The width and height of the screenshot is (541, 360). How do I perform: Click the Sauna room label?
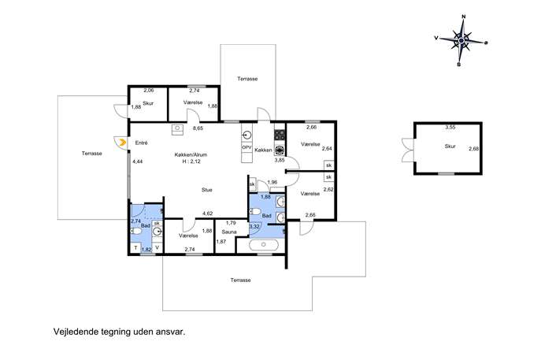coord(229,232)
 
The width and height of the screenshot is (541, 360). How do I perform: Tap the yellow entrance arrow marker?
coord(121,143)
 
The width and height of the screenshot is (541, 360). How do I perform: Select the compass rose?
coord(461,41)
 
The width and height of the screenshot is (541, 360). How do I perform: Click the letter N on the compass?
coord(464,17)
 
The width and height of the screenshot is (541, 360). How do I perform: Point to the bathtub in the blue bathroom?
coord(264,244)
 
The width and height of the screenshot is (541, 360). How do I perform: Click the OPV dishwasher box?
coord(246,147)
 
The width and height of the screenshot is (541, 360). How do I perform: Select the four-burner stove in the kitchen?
coord(280,134)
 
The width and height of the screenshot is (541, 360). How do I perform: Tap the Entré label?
coord(141,143)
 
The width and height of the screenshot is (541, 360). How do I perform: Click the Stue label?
coord(207,190)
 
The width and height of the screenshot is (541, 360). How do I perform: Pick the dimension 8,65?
coord(198,128)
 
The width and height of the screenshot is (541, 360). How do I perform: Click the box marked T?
coord(136,248)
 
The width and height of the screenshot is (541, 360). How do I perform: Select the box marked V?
coord(157,247)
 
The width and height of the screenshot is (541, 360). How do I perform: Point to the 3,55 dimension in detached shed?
coord(450,127)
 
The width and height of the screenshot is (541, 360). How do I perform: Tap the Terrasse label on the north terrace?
coord(247,79)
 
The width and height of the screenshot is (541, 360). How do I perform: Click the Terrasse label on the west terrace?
coord(92,154)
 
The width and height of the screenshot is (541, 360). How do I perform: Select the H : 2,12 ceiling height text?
coord(191,161)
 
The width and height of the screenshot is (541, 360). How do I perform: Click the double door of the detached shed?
coord(408,150)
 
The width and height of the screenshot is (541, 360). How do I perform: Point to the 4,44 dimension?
coord(138,161)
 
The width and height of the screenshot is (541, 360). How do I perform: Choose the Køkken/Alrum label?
coord(191,155)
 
